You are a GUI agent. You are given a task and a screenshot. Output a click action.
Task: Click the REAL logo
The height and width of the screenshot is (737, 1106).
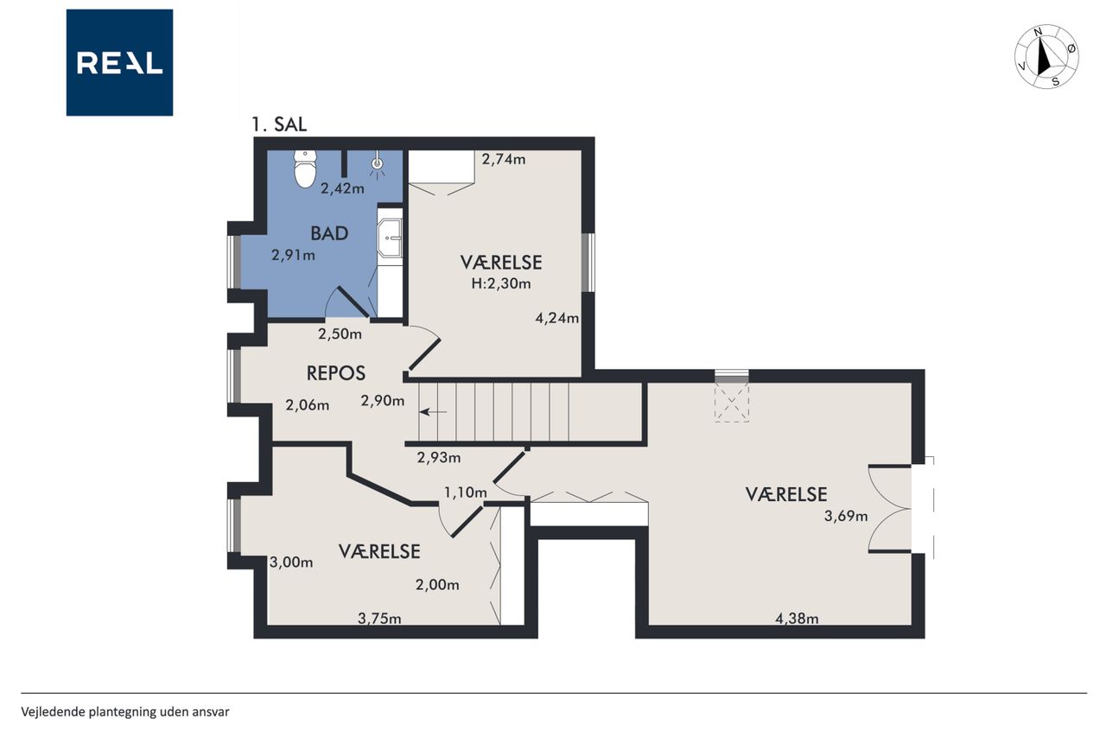[119, 63]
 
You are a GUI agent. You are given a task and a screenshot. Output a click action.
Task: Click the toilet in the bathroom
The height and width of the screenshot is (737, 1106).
[305, 168]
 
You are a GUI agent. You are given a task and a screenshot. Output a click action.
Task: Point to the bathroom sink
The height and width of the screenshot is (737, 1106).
[390, 238]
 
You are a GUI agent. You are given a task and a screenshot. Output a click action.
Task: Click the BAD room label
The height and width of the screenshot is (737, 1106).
[329, 233]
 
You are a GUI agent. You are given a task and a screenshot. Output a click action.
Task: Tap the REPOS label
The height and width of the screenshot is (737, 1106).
[336, 373]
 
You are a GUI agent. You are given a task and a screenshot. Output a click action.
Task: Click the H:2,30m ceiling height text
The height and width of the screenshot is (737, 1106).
[501, 284]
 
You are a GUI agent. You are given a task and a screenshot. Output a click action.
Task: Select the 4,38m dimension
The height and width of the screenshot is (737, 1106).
[797, 618]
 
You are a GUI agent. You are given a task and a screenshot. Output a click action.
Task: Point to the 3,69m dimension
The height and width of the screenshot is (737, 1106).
[846, 517]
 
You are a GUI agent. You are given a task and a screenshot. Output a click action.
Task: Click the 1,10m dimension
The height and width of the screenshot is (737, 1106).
[466, 492]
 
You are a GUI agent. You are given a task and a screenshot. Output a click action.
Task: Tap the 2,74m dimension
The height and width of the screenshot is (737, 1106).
[504, 160]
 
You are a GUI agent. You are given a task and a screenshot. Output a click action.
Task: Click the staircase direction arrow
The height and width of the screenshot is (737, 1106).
[433, 411]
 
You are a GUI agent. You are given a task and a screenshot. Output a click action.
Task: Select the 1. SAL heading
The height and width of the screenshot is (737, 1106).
[279, 124]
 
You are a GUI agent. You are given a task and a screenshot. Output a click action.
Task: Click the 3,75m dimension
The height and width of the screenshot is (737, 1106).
[379, 618]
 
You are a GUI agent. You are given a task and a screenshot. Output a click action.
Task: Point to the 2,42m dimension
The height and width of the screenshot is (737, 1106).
[343, 188]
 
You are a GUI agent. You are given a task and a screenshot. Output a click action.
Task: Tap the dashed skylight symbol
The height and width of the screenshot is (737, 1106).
[732, 403]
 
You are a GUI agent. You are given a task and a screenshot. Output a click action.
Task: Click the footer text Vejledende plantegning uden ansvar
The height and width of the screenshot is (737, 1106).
[125, 712]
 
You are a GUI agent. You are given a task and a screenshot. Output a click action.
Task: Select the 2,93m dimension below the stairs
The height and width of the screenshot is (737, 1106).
[439, 458]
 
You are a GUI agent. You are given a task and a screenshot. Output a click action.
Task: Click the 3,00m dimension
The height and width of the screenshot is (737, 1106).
[291, 562]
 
